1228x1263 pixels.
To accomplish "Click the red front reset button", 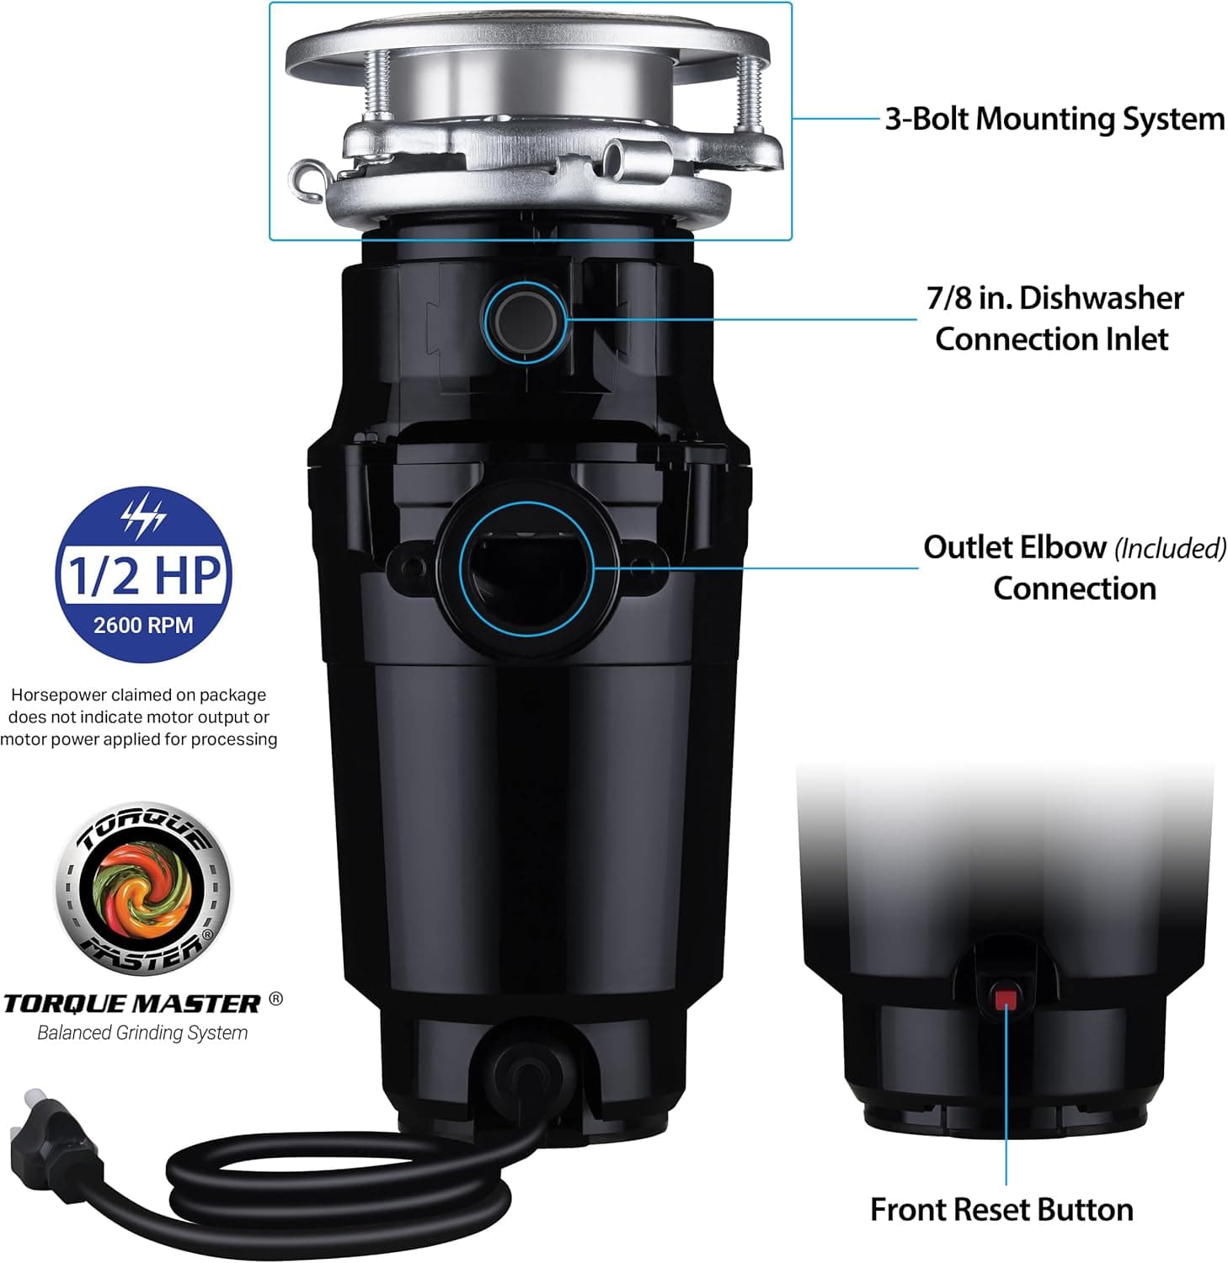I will (1006, 999).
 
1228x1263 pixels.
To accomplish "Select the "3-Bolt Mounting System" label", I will (1054, 119).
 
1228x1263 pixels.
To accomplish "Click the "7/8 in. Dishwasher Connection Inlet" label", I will (1054, 318).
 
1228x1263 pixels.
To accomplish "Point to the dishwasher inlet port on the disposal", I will (526, 318).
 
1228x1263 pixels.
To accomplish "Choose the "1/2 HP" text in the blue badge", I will (144, 574).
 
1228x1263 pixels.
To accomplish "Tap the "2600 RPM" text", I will (143, 626).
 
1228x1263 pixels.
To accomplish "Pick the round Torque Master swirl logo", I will (143, 888).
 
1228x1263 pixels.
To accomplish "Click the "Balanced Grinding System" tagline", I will (142, 1033).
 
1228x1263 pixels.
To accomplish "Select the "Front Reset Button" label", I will (1001, 1210).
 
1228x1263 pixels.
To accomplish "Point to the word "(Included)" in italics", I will (1170, 549).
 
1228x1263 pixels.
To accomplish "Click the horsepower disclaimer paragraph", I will (139, 717).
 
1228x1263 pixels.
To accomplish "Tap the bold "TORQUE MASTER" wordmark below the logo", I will (132, 1004).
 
